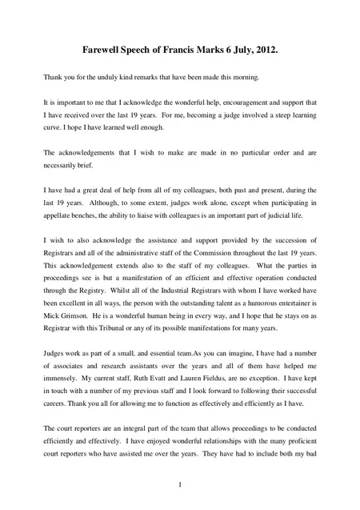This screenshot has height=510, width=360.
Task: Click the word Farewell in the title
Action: point(105,50)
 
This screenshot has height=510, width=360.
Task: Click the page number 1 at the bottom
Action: point(182,485)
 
